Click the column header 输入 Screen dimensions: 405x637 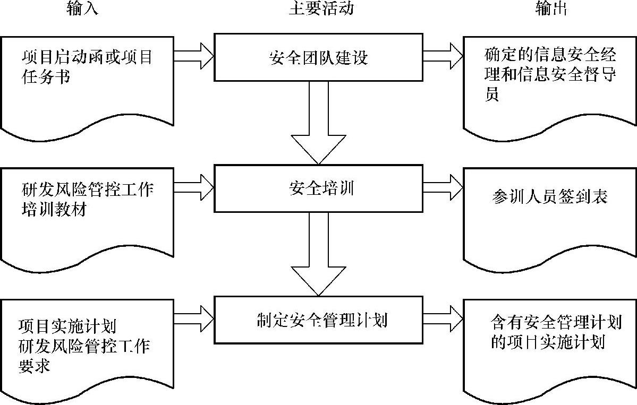pyautogui.click(x=83, y=9)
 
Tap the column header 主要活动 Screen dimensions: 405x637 pyautogui.click(x=321, y=9)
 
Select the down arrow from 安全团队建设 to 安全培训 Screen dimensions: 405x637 pyautogui.click(x=318, y=124)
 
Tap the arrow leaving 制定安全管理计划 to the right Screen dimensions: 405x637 pyautogui.click(x=443, y=317)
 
